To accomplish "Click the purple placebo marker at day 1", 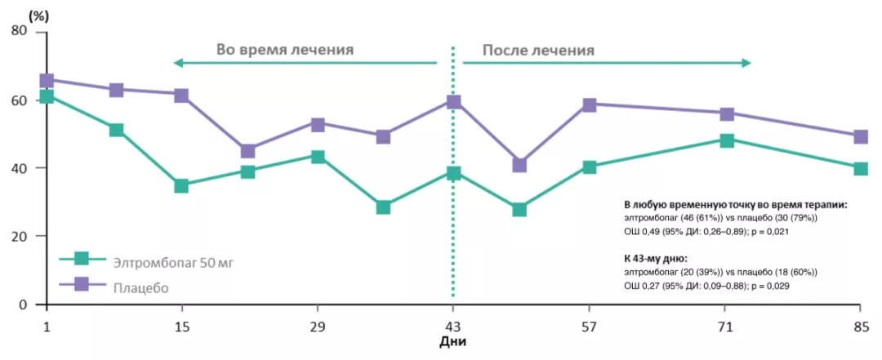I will click(x=47, y=80).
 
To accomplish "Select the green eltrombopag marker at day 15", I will click(x=181, y=186).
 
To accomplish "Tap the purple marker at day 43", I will click(x=453, y=102).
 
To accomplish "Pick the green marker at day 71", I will click(x=726, y=140).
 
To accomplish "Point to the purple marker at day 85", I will click(x=860, y=137).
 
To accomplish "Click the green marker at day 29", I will click(x=318, y=157).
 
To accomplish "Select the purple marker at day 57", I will click(x=590, y=104).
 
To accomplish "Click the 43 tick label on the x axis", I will click(x=453, y=327).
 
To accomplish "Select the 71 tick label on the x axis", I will click(x=726, y=327).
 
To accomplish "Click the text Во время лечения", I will click(x=284, y=49).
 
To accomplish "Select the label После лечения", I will click(x=538, y=49).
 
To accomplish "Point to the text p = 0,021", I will click(x=769, y=232).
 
